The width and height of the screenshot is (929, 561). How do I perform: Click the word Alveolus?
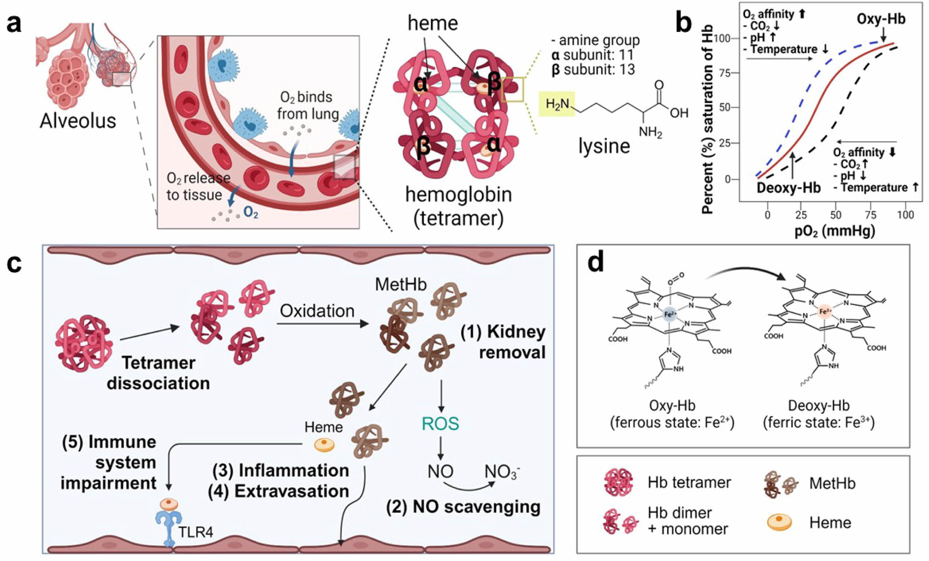click(78, 121)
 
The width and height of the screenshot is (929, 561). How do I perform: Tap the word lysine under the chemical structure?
click(604, 146)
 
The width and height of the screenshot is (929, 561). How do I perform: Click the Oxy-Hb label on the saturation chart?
click(881, 19)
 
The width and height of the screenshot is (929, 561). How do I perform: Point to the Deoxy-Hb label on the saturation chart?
click(788, 188)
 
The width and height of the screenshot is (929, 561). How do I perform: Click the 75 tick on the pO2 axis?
click(871, 215)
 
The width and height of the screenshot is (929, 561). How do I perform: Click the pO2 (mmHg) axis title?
click(835, 231)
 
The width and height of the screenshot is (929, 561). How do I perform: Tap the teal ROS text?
click(440, 424)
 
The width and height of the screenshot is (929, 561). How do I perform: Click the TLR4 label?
click(195, 532)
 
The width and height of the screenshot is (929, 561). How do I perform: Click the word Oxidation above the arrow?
click(317, 311)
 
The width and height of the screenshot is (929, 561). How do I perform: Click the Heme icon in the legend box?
click(779, 522)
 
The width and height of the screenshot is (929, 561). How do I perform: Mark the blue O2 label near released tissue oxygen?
click(251, 212)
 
